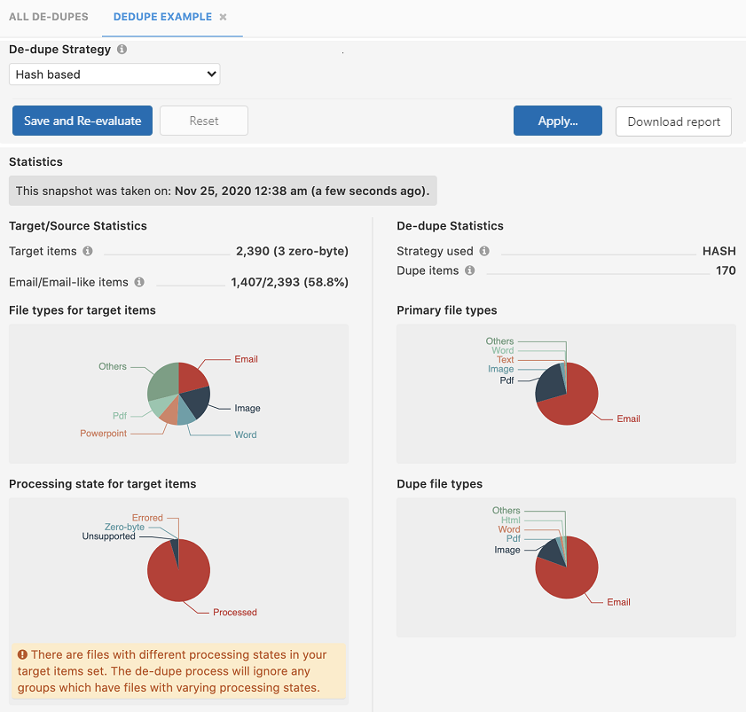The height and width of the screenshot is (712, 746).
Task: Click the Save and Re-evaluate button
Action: pos(82,121)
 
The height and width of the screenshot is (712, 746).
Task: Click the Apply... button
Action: pos(557,121)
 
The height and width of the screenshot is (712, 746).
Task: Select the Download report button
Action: pos(673,121)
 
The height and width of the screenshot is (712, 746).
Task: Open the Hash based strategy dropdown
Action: pos(114,74)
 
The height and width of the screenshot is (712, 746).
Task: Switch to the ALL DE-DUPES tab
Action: pos(48,17)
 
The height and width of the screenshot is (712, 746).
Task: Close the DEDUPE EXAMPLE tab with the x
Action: pos(224,17)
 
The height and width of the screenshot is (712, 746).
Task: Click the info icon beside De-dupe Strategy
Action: pos(122,50)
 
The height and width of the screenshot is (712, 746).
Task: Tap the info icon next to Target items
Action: pos(88,251)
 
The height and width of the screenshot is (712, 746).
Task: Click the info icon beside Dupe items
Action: pos(470,270)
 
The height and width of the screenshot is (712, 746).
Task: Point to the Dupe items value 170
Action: pos(726,270)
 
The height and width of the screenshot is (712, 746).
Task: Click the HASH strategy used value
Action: pos(719,251)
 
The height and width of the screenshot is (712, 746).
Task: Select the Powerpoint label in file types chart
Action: pos(103,434)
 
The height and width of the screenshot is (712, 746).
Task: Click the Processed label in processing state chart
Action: pos(235,612)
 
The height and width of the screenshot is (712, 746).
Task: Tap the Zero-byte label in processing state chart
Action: pos(124,527)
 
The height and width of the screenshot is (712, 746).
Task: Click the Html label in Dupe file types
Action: pos(510,520)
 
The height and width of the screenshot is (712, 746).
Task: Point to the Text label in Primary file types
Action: pos(505,360)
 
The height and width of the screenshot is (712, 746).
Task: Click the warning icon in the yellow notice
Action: pos(22,654)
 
